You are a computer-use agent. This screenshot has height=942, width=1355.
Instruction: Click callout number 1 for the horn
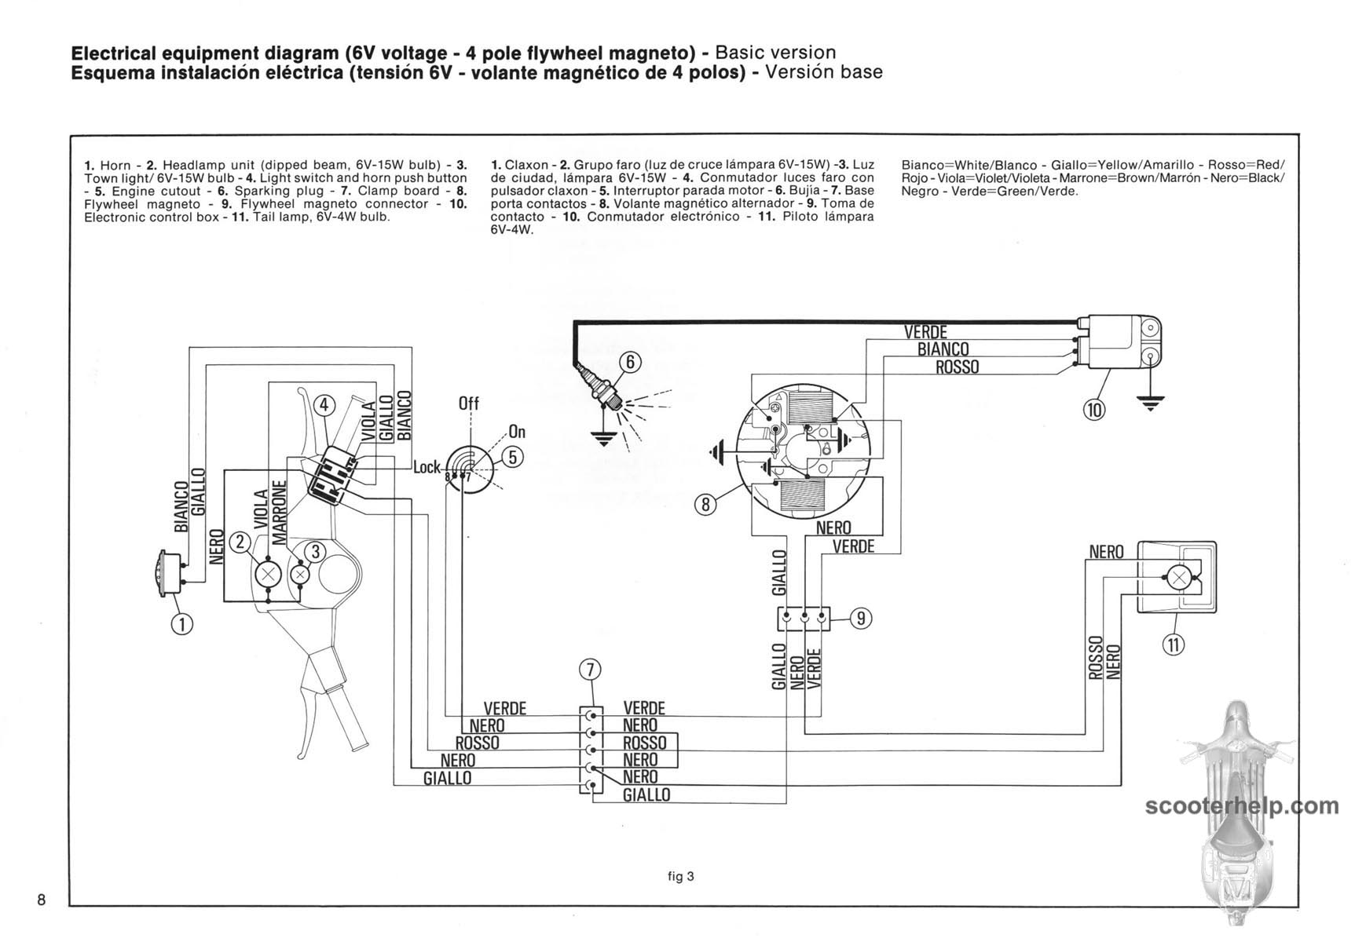[182, 623]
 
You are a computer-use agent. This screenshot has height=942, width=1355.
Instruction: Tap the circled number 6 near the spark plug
[630, 363]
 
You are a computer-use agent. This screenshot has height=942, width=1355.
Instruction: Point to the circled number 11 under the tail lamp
[1174, 644]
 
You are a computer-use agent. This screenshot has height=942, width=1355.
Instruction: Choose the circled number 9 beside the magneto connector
[861, 618]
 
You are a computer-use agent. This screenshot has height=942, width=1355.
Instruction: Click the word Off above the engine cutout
[468, 403]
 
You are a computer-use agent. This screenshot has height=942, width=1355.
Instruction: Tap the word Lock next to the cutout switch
[427, 467]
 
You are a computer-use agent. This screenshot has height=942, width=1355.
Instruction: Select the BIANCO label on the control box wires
[943, 349]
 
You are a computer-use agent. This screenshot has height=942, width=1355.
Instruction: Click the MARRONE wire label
[278, 513]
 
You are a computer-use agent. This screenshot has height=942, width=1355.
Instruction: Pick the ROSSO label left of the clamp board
[477, 743]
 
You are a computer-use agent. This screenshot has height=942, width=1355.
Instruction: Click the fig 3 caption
[681, 877]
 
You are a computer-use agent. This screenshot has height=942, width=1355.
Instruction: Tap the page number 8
[42, 899]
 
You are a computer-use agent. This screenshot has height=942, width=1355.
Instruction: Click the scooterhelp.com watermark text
[1241, 805]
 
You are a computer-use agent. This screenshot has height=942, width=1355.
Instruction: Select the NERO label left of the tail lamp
[1106, 553]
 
